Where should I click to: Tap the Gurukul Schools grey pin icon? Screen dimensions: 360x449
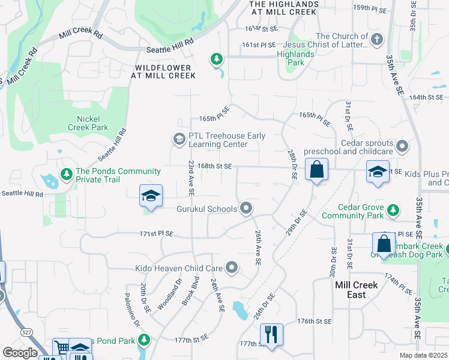[246, 209]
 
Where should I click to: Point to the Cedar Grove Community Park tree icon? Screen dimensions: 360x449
[393, 210]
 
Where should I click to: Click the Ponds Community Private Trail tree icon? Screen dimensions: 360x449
[66, 175]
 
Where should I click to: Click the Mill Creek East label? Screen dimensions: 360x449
[357, 290]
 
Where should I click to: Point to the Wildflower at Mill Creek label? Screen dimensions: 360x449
[165, 71]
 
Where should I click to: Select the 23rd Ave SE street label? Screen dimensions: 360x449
[191, 178]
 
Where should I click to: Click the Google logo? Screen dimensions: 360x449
[20, 353]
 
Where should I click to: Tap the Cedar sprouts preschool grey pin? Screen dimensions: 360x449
[402, 146]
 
